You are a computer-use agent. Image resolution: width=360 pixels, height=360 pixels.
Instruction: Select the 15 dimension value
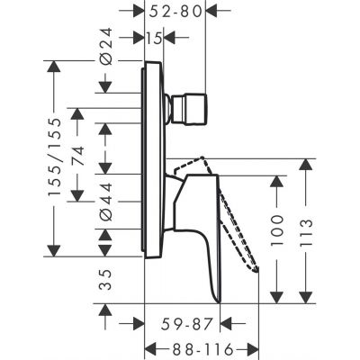coord(155,39)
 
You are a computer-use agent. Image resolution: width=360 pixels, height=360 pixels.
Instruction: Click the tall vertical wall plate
coord(153,157)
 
